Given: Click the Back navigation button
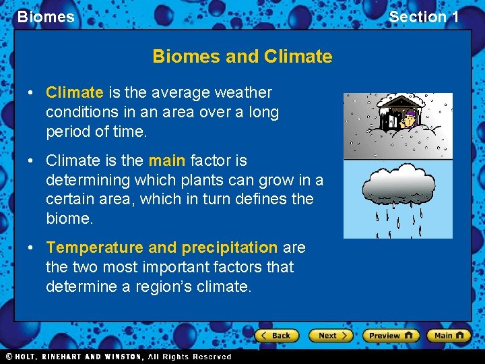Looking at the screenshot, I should (x=276, y=335).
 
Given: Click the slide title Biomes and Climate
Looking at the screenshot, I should (x=243, y=56).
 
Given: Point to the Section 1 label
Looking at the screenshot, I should (x=424, y=17).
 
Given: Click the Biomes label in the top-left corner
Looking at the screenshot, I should (x=46, y=17).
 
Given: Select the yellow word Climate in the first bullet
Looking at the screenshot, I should (x=74, y=92).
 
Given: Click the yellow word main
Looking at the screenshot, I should (x=167, y=160).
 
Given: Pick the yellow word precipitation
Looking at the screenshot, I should (x=229, y=247).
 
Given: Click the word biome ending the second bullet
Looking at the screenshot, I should (x=69, y=218).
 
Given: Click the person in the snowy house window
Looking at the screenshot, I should (x=409, y=119).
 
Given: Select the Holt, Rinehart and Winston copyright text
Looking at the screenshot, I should (x=119, y=357).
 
